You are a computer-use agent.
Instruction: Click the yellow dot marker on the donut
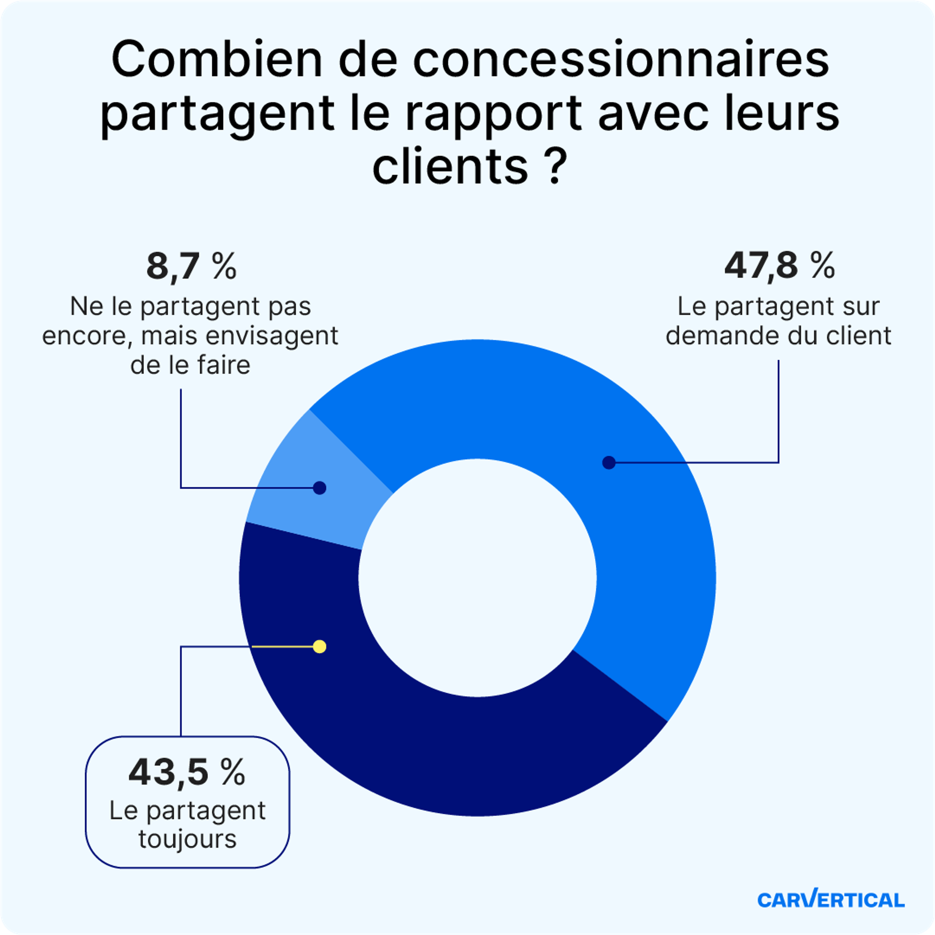(x=319, y=646)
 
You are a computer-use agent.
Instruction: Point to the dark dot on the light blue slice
(x=319, y=488)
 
